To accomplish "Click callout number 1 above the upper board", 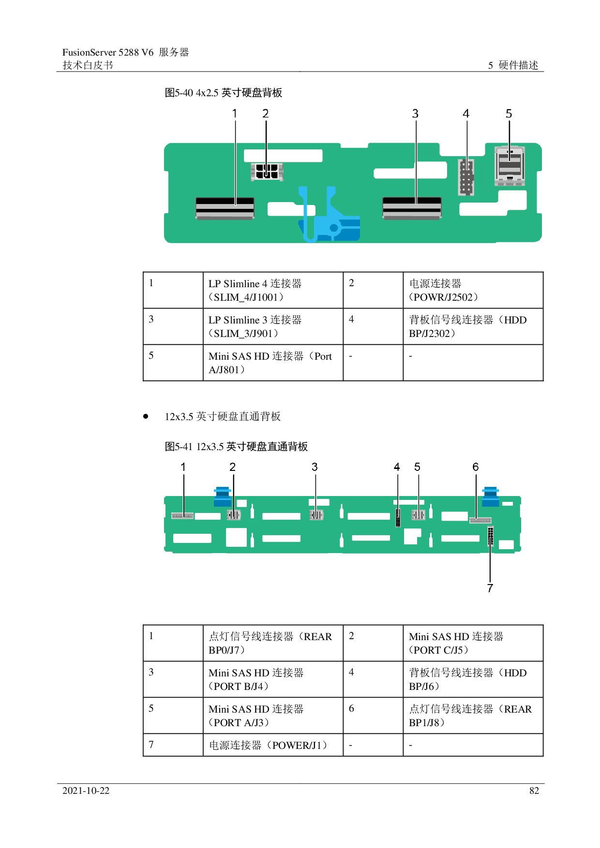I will [235, 114].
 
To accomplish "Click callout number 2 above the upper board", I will [265, 114].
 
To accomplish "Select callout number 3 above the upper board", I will [415, 114].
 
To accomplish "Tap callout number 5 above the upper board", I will [509, 114].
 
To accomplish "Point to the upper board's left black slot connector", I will [225, 208].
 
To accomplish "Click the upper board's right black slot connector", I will [412, 208].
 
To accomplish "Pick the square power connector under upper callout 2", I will [267, 172].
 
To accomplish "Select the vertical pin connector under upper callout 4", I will [466, 177].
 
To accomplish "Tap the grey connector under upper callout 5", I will [510, 166].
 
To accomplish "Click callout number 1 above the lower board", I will [183, 467].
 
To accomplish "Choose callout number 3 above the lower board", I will [315, 467].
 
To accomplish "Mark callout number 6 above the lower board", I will [476, 467].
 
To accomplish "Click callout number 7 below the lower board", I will [490, 588].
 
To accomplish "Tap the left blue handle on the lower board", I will [223, 497].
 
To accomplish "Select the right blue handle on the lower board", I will [491, 497].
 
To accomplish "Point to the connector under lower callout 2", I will [234, 515].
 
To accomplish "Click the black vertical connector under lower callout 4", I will [398, 518].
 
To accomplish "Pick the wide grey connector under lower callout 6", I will [480, 521].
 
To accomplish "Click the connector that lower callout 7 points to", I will [491, 536].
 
